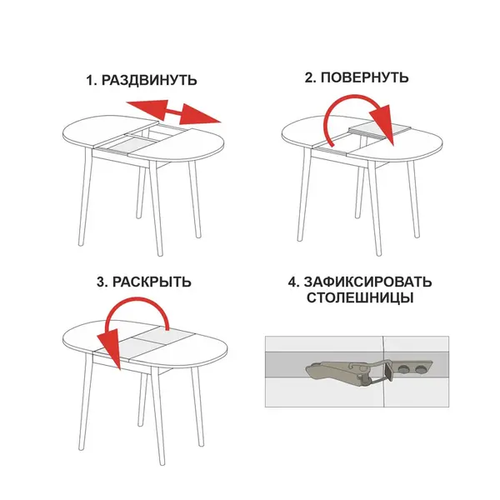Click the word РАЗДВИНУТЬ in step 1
click(x=149, y=80)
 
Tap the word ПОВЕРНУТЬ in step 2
click(x=364, y=77)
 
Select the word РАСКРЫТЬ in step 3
click(x=152, y=282)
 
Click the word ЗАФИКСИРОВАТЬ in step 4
click(x=367, y=282)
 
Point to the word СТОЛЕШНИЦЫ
click(x=360, y=297)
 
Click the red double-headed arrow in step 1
click(x=173, y=112)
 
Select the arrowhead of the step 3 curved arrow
click(x=110, y=348)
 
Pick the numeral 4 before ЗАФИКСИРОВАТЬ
click(x=292, y=282)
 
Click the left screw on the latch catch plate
click(x=405, y=369)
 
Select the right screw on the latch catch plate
click(x=420, y=369)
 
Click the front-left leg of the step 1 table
click(x=83, y=197)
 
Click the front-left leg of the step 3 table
click(x=83, y=402)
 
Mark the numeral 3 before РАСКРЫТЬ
click(x=101, y=282)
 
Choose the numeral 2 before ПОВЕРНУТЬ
click(x=308, y=77)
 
